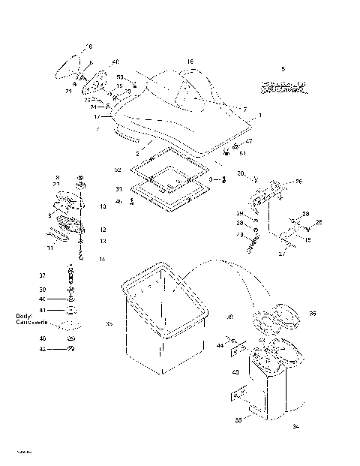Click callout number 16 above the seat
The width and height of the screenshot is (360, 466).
190,62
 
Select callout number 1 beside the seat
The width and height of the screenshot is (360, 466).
259,116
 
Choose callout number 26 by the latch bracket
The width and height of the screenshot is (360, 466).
298,181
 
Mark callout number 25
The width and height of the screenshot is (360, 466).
317,222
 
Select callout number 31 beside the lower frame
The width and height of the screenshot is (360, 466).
118,189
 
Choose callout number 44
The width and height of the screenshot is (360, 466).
221,346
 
